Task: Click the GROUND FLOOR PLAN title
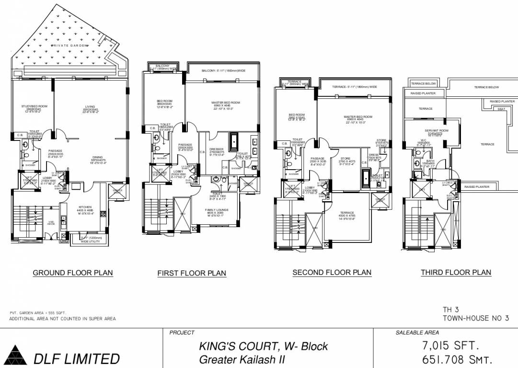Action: pos(73,273)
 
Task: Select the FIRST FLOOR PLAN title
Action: pos(192,274)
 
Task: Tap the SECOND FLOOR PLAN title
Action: pos(332,273)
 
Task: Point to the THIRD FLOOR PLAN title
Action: pos(456,273)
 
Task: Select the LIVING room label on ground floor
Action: pos(90,106)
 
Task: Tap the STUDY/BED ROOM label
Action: pos(34,106)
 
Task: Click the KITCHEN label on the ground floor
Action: pos(84,207)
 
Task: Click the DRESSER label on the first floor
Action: pos(217,149)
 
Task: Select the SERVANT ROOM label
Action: pos(436,130)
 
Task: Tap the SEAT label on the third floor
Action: pos(501,109)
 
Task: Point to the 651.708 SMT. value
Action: pos(456,360)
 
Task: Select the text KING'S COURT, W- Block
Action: pos(263,346)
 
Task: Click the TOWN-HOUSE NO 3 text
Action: pos(475,318)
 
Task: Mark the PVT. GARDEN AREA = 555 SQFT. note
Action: pos(37,312)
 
